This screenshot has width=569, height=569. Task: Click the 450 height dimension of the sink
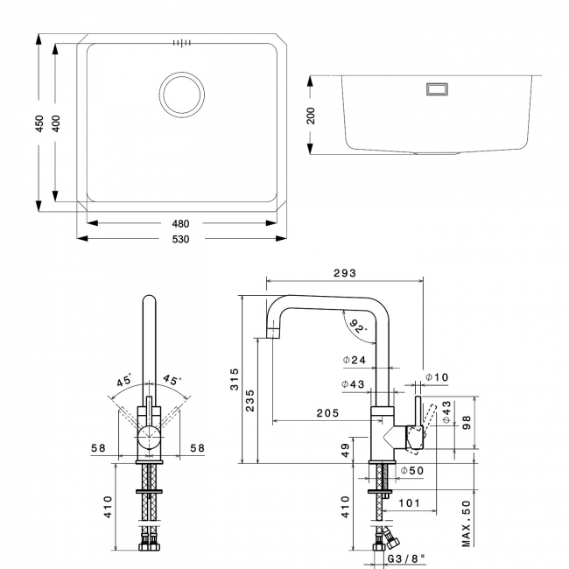(39, 124)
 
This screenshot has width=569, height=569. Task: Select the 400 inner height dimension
(57, 124)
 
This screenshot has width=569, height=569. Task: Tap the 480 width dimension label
(182, 223)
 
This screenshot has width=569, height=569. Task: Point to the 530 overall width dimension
(182, 238)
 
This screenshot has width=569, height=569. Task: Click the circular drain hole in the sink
(181, 94)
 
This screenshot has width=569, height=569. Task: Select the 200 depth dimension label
(311, 116)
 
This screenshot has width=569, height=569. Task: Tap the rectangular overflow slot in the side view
(435, 88)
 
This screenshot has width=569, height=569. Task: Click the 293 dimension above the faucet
(344, 273)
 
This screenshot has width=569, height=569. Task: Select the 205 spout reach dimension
(327, 413)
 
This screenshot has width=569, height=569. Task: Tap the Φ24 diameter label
(355, 360)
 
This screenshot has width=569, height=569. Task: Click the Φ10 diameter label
(436, 377)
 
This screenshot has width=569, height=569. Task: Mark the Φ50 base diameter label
(412, 471)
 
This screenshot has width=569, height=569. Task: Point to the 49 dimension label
(347, 450)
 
